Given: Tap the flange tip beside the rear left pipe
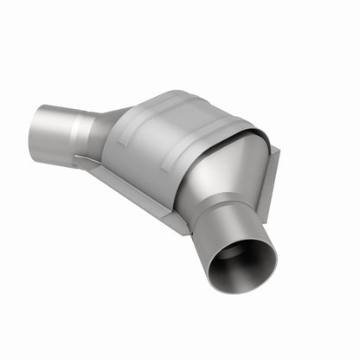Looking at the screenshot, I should pos(80,160).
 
